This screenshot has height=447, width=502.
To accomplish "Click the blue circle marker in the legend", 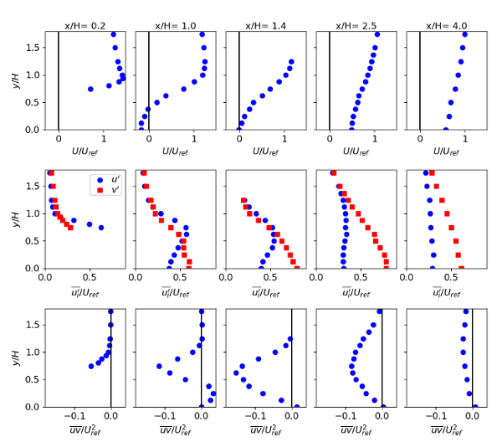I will (100, 180).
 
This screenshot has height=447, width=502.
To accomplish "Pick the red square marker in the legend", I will (100, 190).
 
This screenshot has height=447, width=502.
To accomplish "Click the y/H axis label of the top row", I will (12, 81).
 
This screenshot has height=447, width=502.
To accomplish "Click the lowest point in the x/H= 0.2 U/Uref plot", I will (90, 89).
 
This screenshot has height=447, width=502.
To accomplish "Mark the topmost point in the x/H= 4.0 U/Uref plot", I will (464, 34).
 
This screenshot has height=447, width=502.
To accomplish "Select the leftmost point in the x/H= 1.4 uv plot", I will (237, 373).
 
